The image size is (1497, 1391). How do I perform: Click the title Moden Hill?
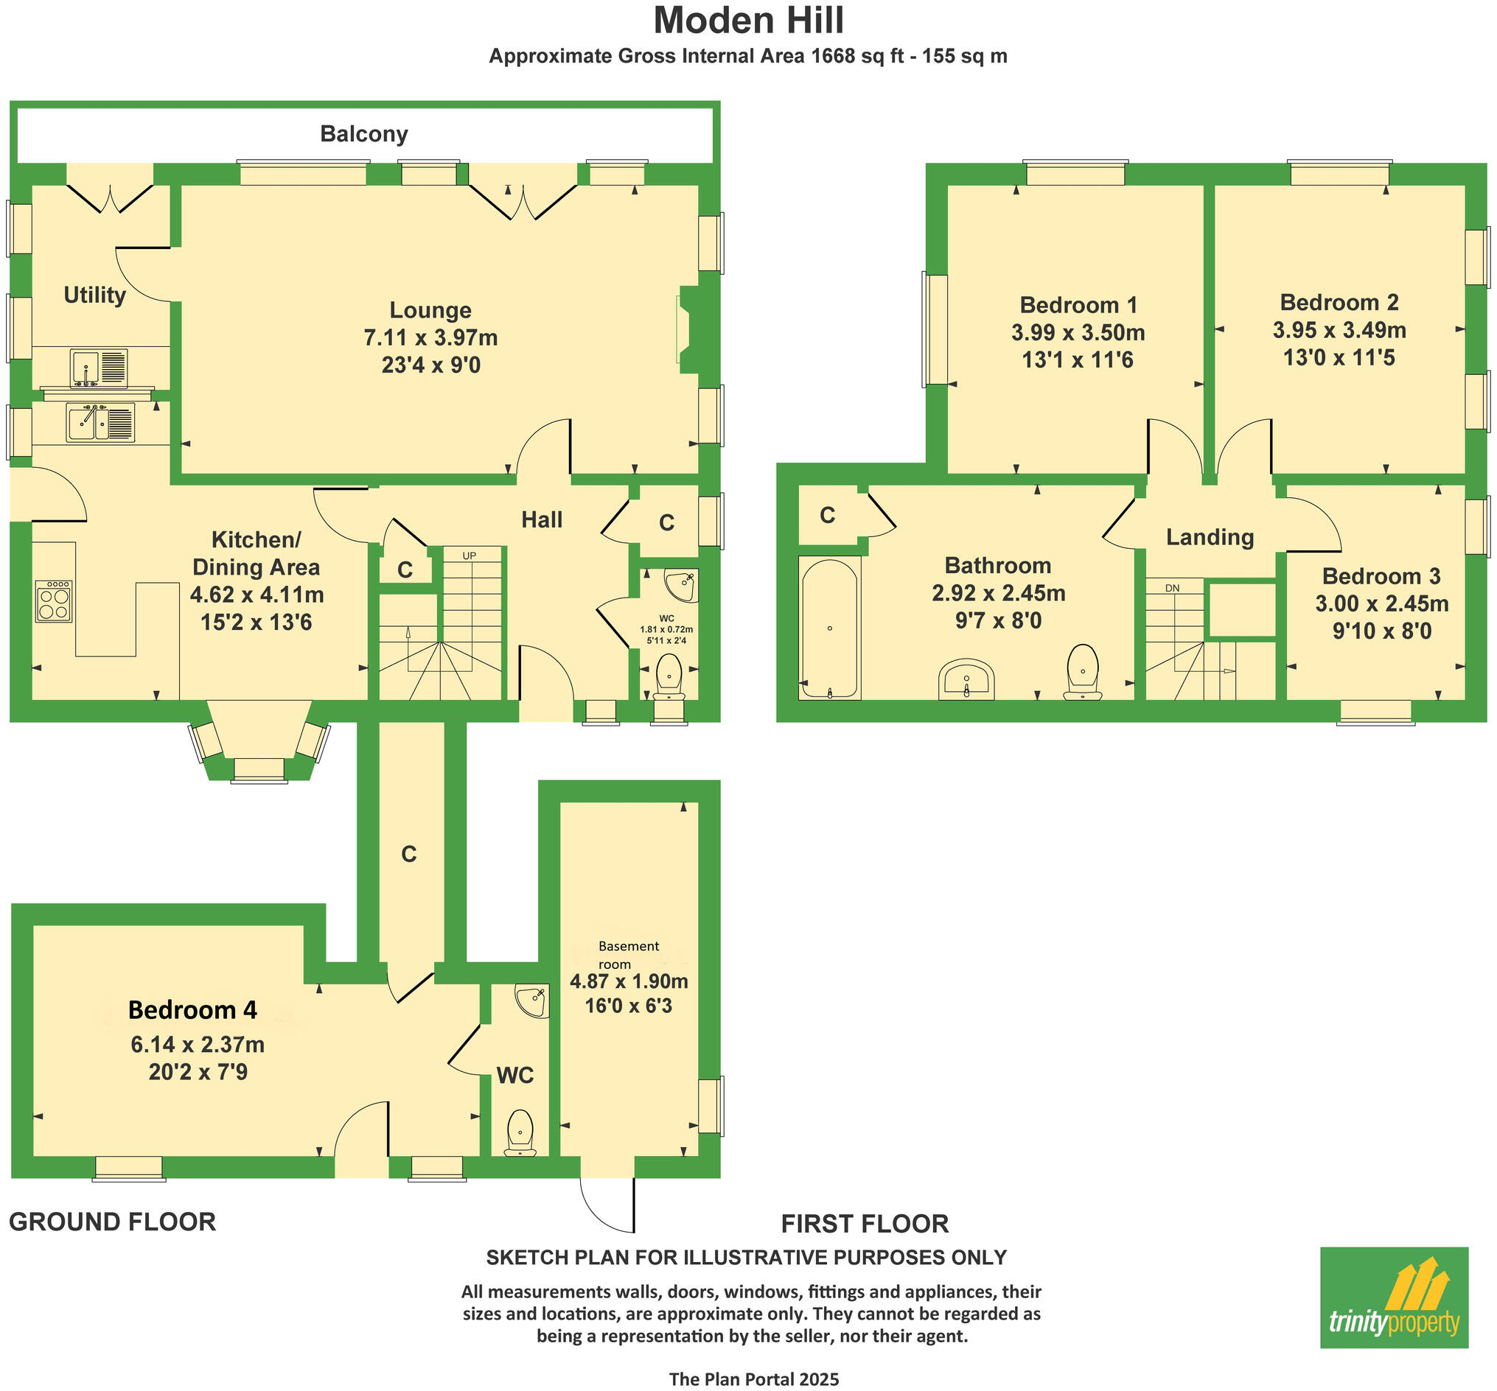749,21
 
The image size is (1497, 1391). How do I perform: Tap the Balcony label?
363,134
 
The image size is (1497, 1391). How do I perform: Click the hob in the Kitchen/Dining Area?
54,600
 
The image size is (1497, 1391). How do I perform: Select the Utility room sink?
99,368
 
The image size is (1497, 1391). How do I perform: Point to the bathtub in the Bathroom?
829,628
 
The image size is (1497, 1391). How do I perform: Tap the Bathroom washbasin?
966,680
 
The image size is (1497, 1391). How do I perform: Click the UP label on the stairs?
469,556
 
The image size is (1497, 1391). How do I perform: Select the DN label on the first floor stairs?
1172,588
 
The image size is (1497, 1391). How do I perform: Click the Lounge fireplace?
689,329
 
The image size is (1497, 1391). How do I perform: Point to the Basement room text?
627,955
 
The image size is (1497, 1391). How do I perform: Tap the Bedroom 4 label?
193,1010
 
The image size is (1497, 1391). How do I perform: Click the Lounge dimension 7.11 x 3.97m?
430,338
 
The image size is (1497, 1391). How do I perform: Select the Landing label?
1210,536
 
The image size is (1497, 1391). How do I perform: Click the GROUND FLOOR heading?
112,1222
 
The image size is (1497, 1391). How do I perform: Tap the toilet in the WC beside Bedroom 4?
520,1132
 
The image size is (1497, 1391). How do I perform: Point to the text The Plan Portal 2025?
754,1379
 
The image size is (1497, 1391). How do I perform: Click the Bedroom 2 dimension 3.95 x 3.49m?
1339,329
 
